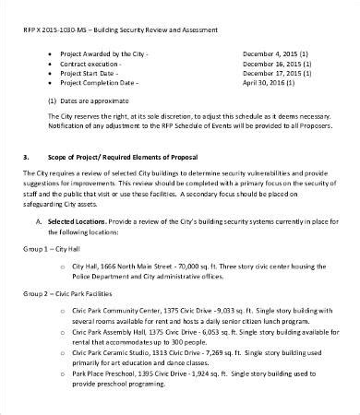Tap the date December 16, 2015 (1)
click(277, 66)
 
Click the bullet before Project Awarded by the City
click(48, 54)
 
